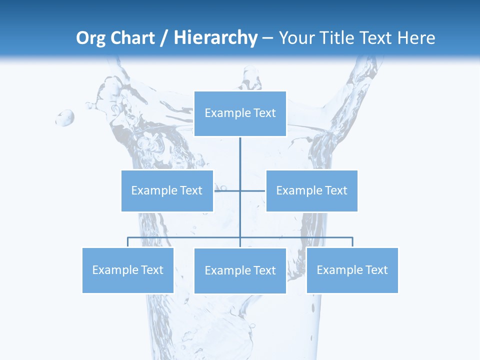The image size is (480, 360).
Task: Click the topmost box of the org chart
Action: coord(240,113)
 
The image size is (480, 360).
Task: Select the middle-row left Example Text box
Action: coord(167,190)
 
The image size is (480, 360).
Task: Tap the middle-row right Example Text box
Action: coord(311,190)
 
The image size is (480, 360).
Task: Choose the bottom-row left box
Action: coord(127,270)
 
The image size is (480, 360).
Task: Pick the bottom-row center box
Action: coord(240,270)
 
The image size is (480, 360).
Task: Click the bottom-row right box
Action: coord(352,270)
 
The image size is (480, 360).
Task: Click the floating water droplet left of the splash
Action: coord(65,118)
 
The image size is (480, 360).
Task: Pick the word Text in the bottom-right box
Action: coord(376,270)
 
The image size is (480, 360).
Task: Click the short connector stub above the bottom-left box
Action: coord(127,242)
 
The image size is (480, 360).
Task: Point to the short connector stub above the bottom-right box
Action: coord(352,242)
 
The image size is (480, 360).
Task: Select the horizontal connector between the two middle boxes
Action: coord(240,190)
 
